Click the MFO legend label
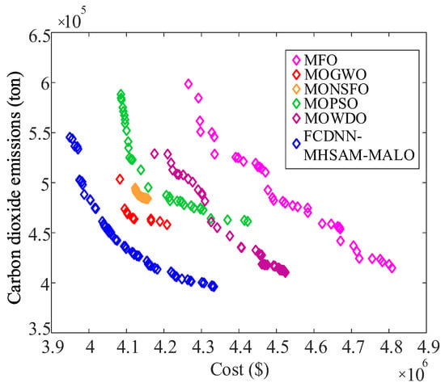tap(320, 60)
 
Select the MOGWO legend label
tap(336, 75)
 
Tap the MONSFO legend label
tap(337, 89)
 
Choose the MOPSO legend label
tap(331, 103)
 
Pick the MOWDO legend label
tap(336, 119)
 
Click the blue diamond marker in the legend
tap(297, 144)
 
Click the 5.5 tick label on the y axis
tap(40, 133)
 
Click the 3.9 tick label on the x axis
tap(53, 347)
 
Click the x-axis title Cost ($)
tap(239, 370)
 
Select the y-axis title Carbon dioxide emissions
tap(15, 187)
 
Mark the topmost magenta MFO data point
tap(189, 84)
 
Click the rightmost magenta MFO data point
tap(392, 267)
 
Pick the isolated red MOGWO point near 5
tap(120, 179)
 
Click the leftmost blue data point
tap(70, 137)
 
